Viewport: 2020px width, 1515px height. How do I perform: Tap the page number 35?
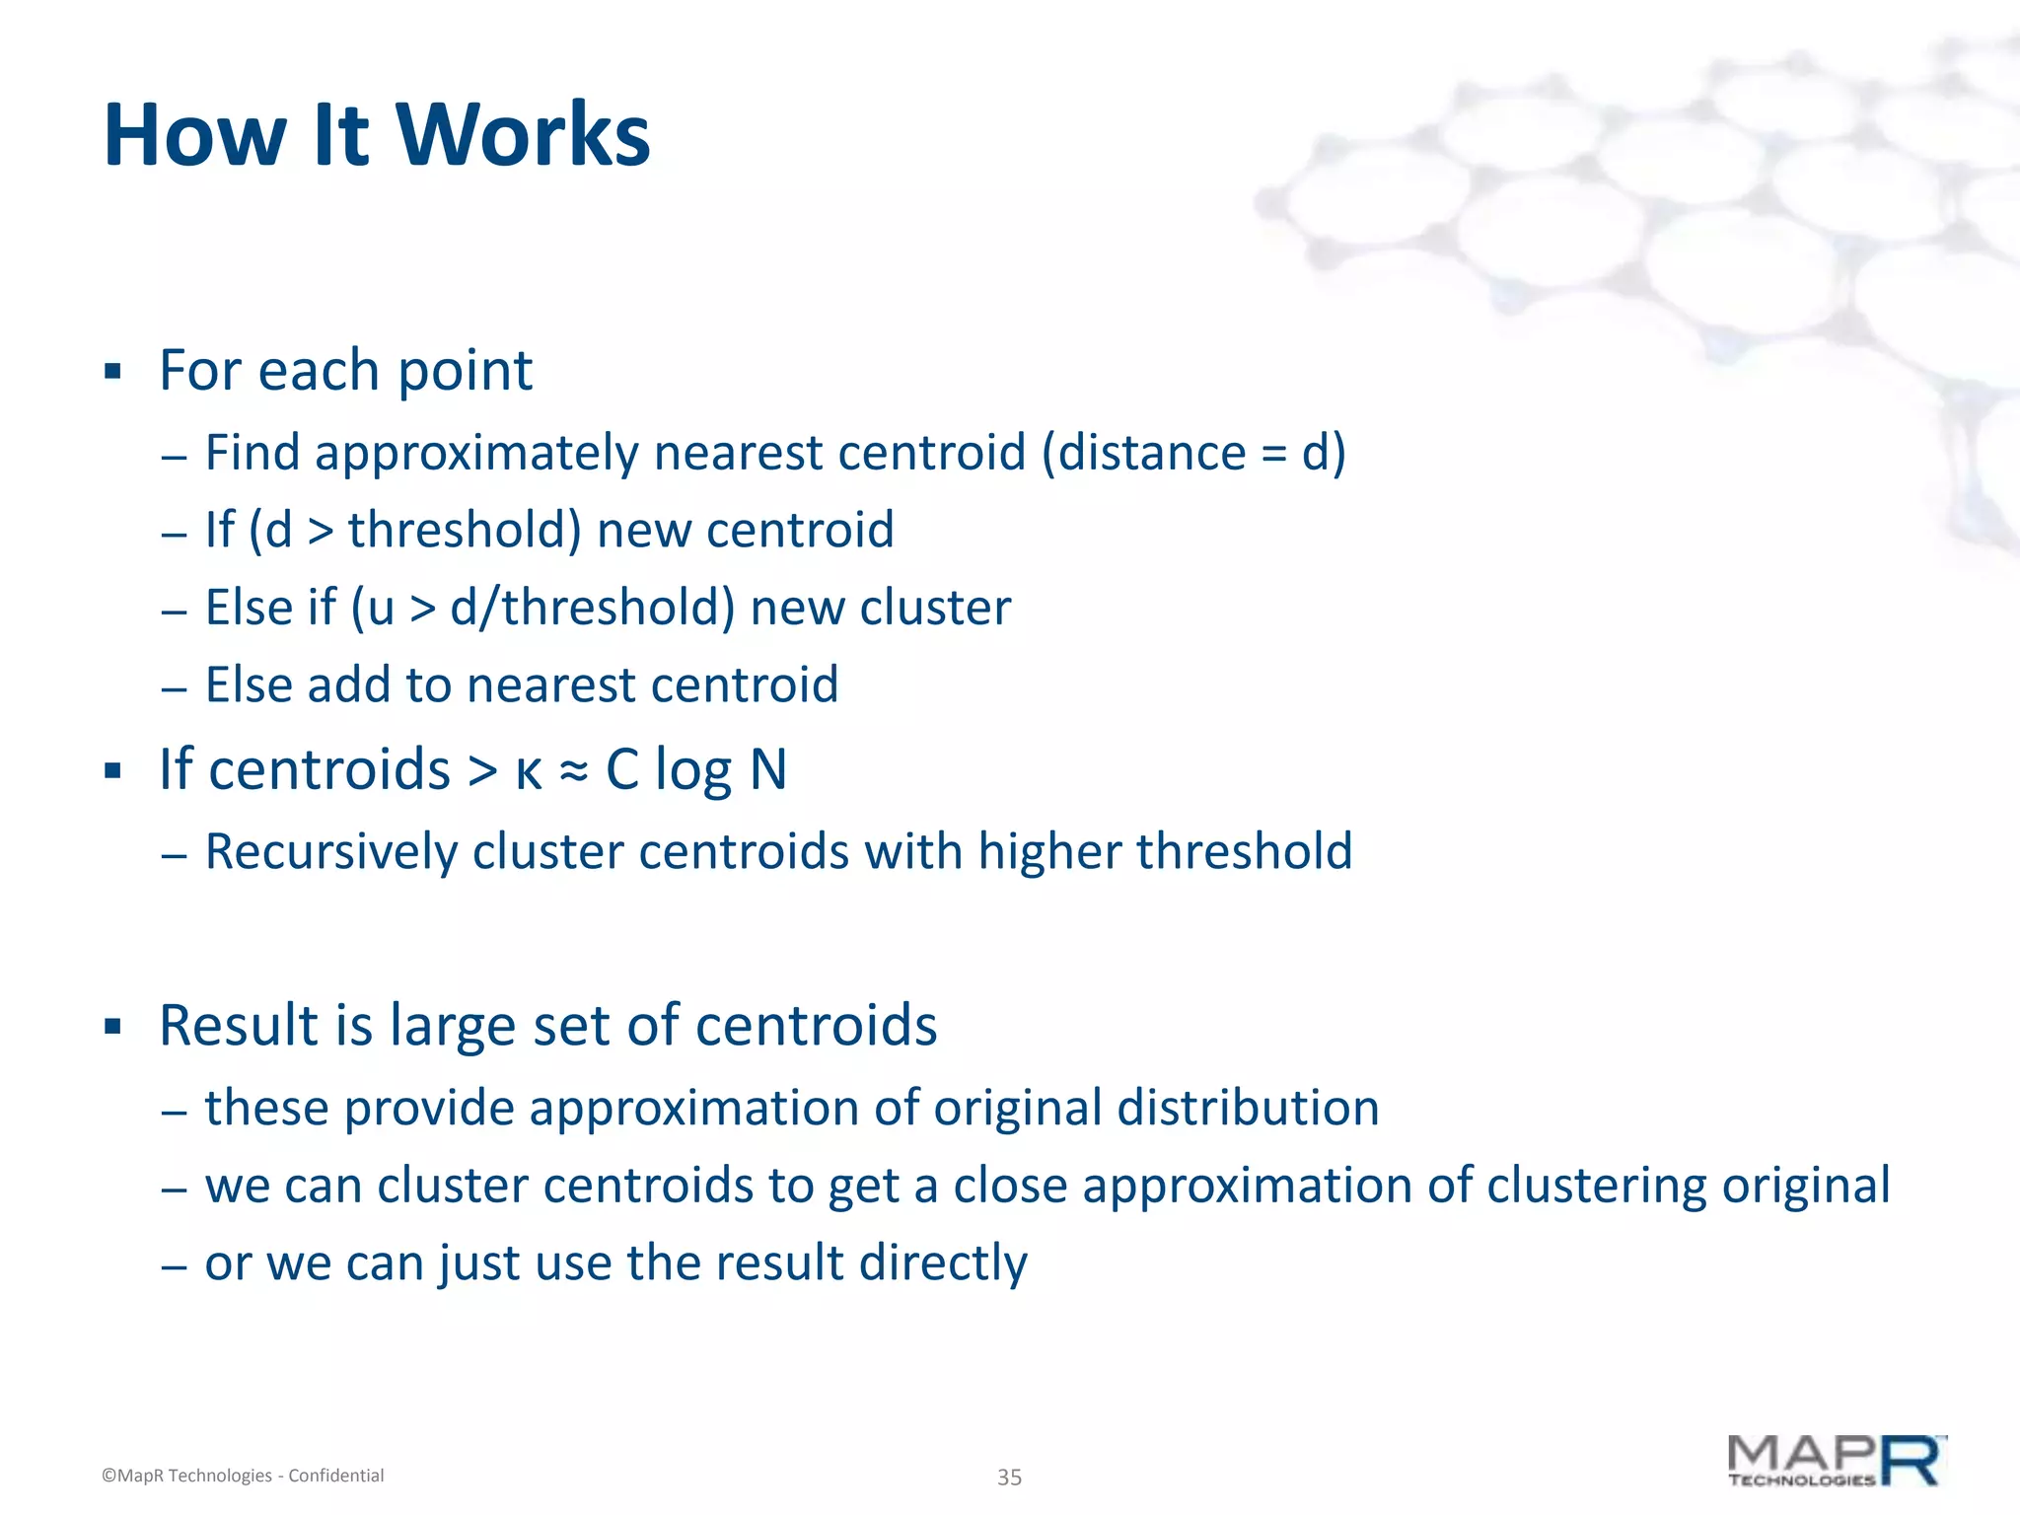pyautogui.click(x=1009, y=1477)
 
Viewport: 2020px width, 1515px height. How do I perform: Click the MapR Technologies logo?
pyautogui.click(x=1837, y=1463)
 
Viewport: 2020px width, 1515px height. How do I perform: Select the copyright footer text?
pyautogui.click(x=243, y=1476)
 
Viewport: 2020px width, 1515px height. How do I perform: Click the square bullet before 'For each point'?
pyautogui.click(x=112, y=372)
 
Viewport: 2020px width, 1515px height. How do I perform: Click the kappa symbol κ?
pyautogui.click(x=529, y=771)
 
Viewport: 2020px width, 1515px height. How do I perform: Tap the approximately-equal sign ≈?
pyautogui.click(x=574, y=771)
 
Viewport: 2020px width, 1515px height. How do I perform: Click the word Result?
pyautogui.click(x=238, y=1025)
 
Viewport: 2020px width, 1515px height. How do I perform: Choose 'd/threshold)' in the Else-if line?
pyautogui.click(x=593, y=608)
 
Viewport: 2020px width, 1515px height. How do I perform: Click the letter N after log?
pyautogui.click(x=768, y=769)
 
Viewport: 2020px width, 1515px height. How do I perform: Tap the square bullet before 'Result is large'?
pyautogui.click(x=112, y=1027)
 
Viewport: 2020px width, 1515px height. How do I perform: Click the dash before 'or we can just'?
pyautogui.click(x=175, y=1264)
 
